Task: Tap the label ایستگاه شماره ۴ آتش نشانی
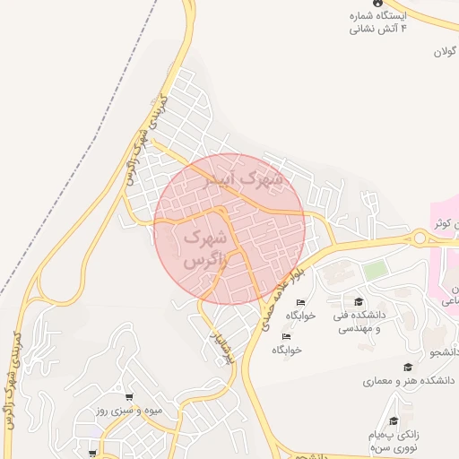pyautogui.click(x=377, y=22)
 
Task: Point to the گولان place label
pyautogui.click(x=446, y=52)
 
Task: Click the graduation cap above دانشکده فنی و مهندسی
pyautogui.click(x=359, y=302)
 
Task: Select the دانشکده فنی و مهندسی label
pyautogui.click(x=359, y=322)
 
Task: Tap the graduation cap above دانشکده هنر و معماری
pyautogui.click(x=408, y=367)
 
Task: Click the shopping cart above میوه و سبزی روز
pyautogui.click(x=130, y=397)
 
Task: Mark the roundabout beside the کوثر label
pyautogui.click(x=419, y=238)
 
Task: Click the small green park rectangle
pyautogui.click(x=376, y=269)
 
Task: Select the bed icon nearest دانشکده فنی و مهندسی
pyautogui.click(x=300, y=302)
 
